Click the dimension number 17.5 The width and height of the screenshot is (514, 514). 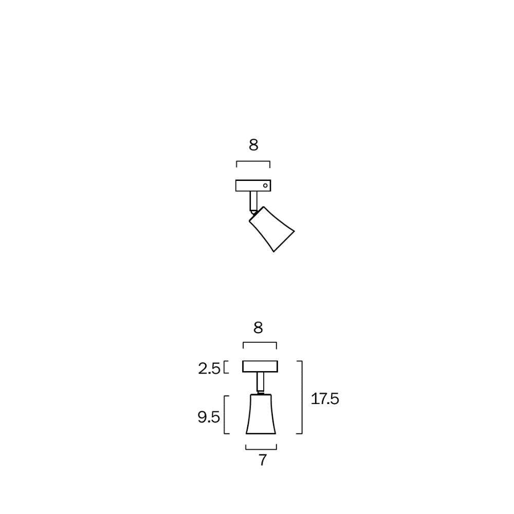[x=325, y=398]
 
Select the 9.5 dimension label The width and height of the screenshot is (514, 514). [x=209, y=417]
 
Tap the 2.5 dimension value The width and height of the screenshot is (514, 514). [x=209, y=368]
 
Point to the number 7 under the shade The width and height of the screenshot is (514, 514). [x=262, y=460]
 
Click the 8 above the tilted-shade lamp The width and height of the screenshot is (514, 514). [x=253, y=145]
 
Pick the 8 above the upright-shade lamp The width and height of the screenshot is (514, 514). [x=258, y=327]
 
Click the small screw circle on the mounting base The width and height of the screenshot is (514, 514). [x=265, y=185]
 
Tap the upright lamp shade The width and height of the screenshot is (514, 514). [x=261, y=414]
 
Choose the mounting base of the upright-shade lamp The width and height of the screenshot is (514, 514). [x=260, y=366]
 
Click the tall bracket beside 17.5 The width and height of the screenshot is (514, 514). [x=301, y=397]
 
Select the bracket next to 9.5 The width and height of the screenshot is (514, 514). [x=225, y=414]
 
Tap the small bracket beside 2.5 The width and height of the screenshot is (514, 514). [x=226, y=368]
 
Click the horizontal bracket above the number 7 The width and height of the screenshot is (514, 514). [x=261, y=448]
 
